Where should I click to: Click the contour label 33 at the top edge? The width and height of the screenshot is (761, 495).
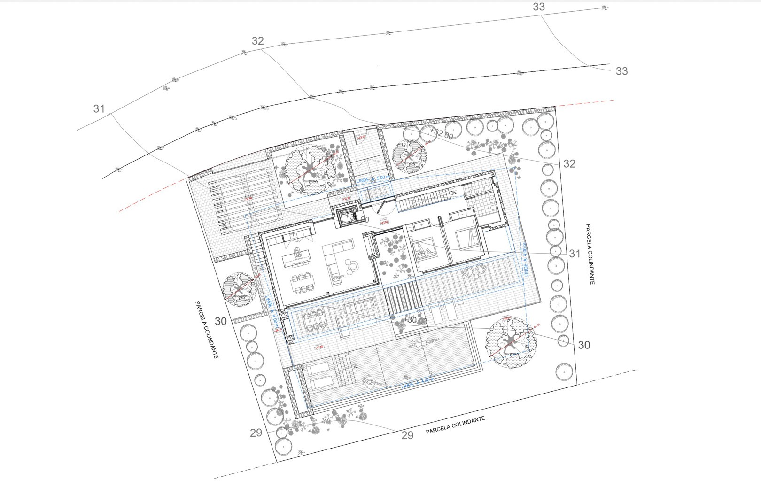tap(539, 7)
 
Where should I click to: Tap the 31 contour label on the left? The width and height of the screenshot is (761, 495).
tap(99, 109)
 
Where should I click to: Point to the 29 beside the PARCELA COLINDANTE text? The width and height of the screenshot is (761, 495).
tap(407, 435)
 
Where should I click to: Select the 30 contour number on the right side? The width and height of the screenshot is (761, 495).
tap(584, 345)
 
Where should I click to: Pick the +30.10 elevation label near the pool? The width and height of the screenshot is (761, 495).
tap(415, 321)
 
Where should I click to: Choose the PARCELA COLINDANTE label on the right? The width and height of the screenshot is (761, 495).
tap(590, 254)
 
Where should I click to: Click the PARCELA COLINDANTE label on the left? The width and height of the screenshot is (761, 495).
tap(207, 330)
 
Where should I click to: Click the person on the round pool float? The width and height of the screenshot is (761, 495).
tap(372, 380)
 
